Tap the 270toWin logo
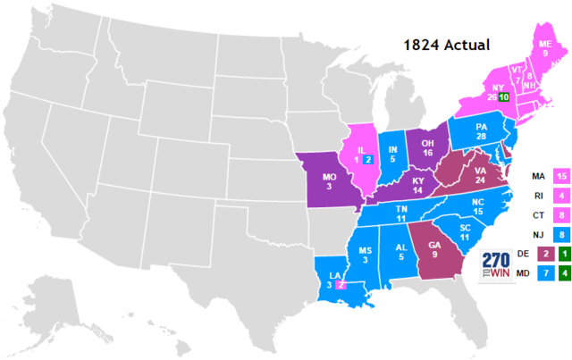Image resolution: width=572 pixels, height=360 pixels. (x=498, y=267)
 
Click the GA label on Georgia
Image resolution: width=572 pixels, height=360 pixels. (x=433, y=245)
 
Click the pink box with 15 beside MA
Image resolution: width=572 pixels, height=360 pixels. (x=562, y=175)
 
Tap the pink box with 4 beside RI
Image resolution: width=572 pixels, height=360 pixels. (x=562, y=195)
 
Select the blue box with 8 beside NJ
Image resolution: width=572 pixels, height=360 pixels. (x=562, y=234)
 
